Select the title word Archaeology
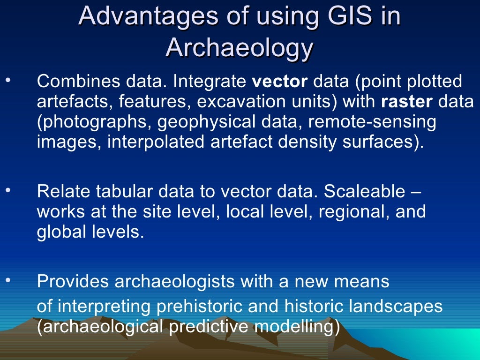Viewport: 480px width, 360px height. [239, 47]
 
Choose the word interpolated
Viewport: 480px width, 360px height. [155, 141]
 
